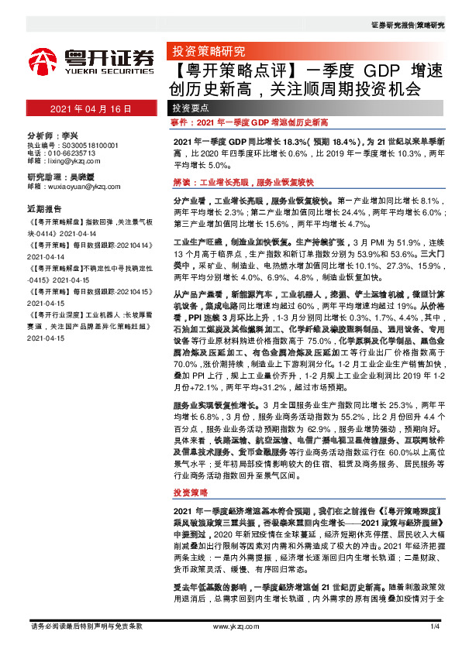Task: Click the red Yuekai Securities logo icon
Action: coord(42,60)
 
